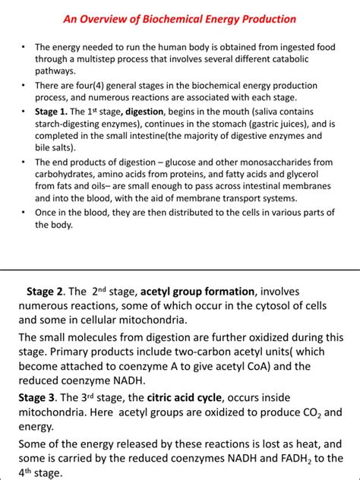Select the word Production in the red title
click(x=266, y=18)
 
